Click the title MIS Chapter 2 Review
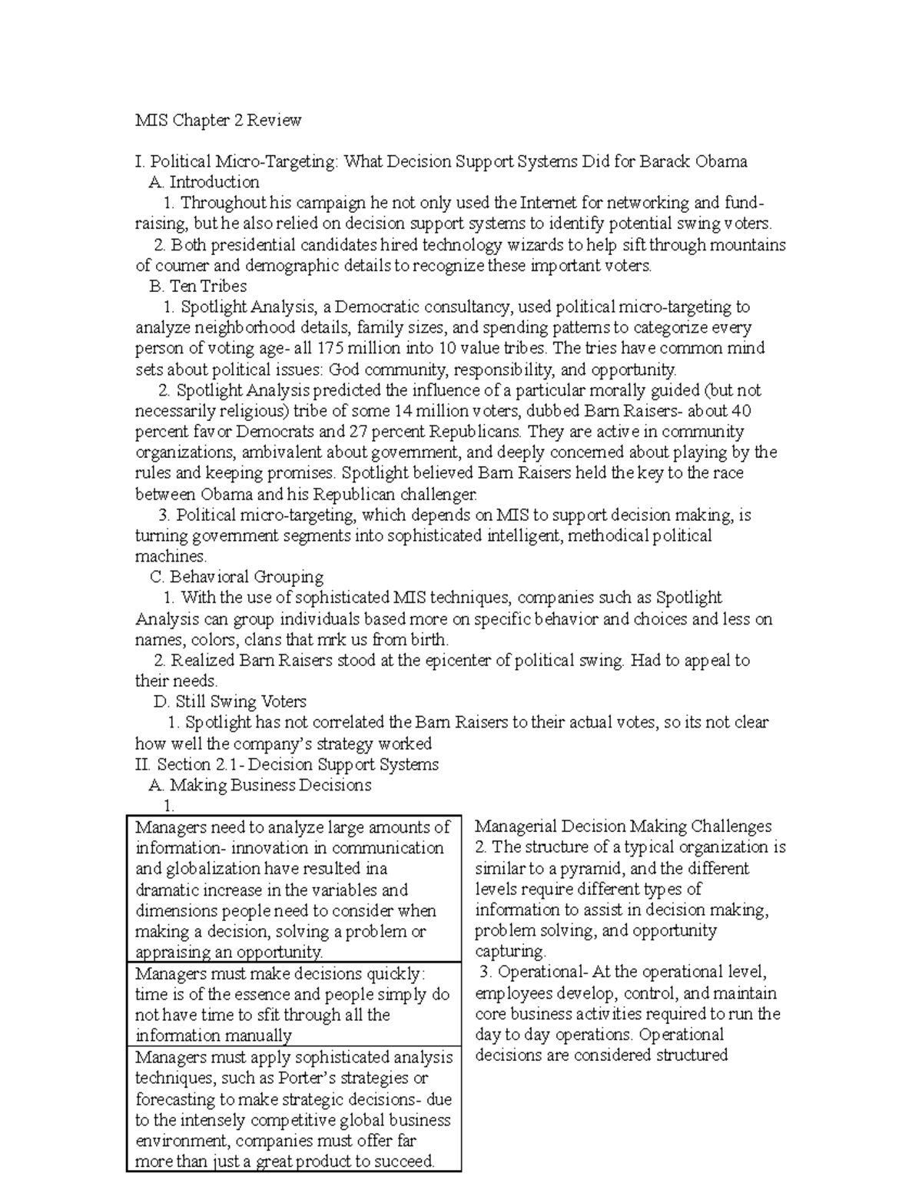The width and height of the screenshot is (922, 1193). (218, 121)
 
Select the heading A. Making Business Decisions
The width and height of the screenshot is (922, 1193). (260, 785)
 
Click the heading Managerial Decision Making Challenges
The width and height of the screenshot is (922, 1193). (623, 827)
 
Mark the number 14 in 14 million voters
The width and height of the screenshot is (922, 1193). (403, 410)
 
